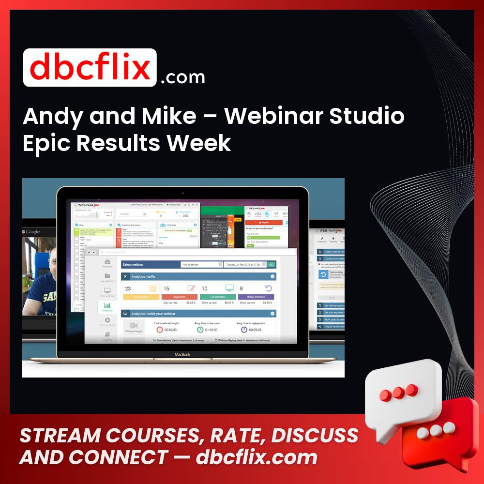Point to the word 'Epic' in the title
pyautogui.click(x=46, y=143)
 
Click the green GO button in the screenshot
pyautogui.click(x=271, y=265)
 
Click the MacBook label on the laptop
pyautogui.click(x=183, y=355)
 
